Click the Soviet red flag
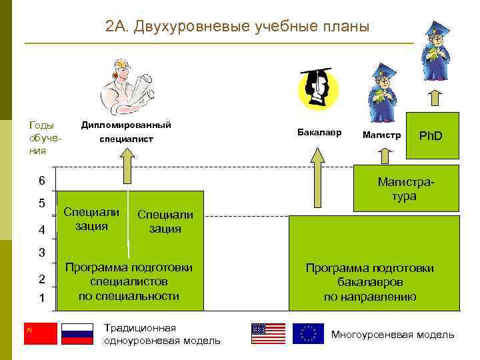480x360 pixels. tap(41, 333)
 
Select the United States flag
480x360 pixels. tap(268, 333)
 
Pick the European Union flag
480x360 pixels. tap(308, 333)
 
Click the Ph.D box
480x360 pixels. tap(430, 135)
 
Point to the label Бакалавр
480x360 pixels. tap(319, 132)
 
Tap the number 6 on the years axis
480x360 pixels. tap(42, 181)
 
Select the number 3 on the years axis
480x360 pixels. tap(42, 253)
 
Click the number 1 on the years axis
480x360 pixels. tap(42, 298)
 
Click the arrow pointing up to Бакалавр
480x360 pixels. tap(319, 177)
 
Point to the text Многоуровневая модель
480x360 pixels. tap(393, 334)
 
